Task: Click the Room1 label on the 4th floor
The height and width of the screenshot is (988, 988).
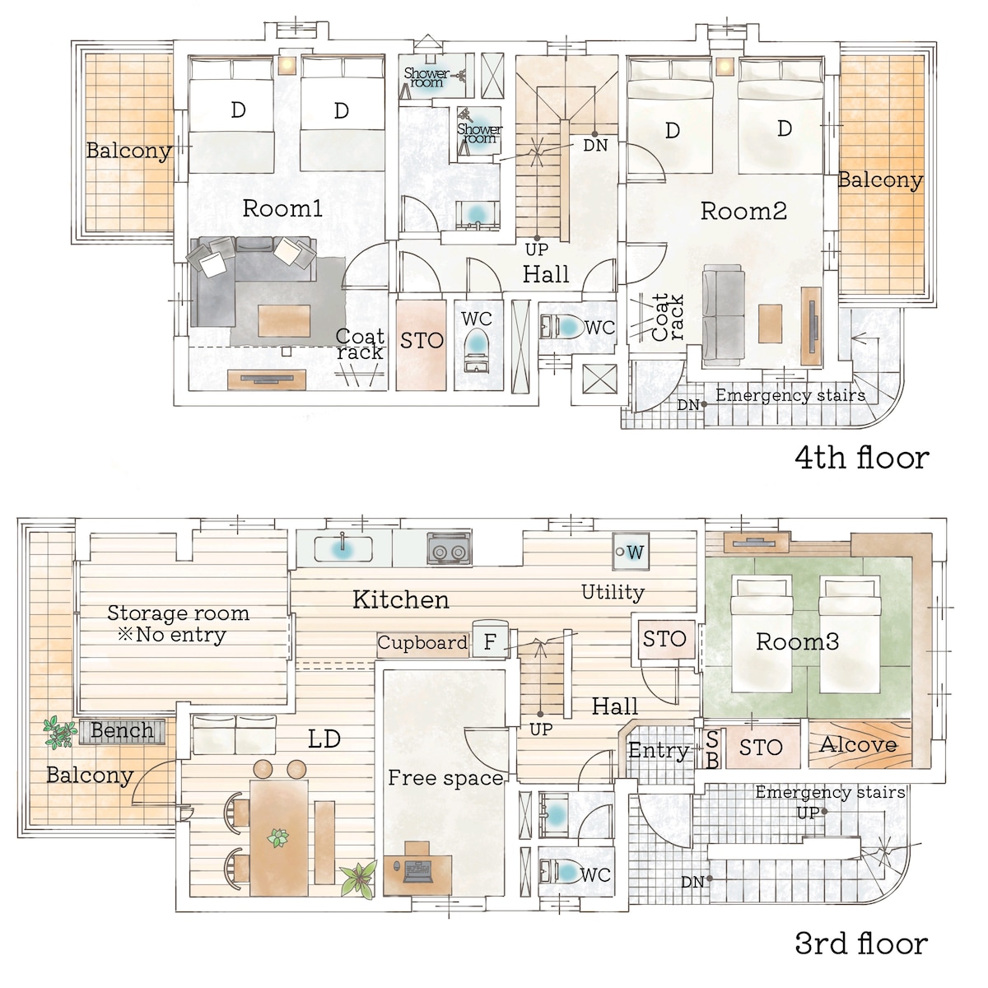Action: pos(282,208)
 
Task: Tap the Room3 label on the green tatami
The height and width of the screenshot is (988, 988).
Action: pos(797,641)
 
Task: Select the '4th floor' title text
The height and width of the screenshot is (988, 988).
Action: pos(862,458)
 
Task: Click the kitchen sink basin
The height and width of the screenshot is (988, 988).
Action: pos(342,549)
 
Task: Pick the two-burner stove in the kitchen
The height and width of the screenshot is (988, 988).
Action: pos(449,548)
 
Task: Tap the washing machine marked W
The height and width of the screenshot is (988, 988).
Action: pos(631,552)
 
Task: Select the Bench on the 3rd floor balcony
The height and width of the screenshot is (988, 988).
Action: pos(122,730)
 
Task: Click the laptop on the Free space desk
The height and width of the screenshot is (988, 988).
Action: pos(418,869)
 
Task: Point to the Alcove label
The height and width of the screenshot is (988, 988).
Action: pos(858,744)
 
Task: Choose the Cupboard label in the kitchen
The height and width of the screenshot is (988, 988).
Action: pos(422,642)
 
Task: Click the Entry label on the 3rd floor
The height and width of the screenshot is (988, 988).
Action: pos(659,750)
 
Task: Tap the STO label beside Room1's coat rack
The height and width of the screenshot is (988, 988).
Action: pos(422,340)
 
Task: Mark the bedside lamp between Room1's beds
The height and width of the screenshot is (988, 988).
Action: pos(287,65)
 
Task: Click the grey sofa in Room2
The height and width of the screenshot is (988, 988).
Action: pos(724,315)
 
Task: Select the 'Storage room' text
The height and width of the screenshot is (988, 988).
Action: pos(178,613)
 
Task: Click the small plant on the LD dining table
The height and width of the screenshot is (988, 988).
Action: pos(278,838)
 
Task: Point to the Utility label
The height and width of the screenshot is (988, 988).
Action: pos(613,593)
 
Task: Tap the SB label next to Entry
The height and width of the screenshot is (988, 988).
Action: pos(712,749)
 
